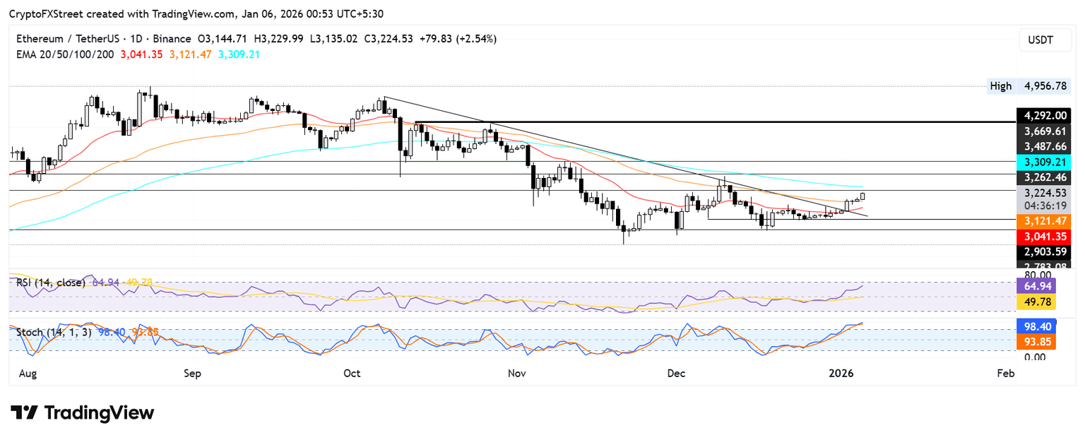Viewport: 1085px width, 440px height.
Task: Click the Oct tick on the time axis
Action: pyautogui.click(x=352, y=373)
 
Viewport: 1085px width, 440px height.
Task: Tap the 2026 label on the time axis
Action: pyautogui.click(x=841, y=373)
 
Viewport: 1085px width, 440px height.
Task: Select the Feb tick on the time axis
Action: pyautogui.click(x=1005, y=373)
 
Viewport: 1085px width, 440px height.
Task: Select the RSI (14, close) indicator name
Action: pyautogui.click(x=51, y=283)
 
